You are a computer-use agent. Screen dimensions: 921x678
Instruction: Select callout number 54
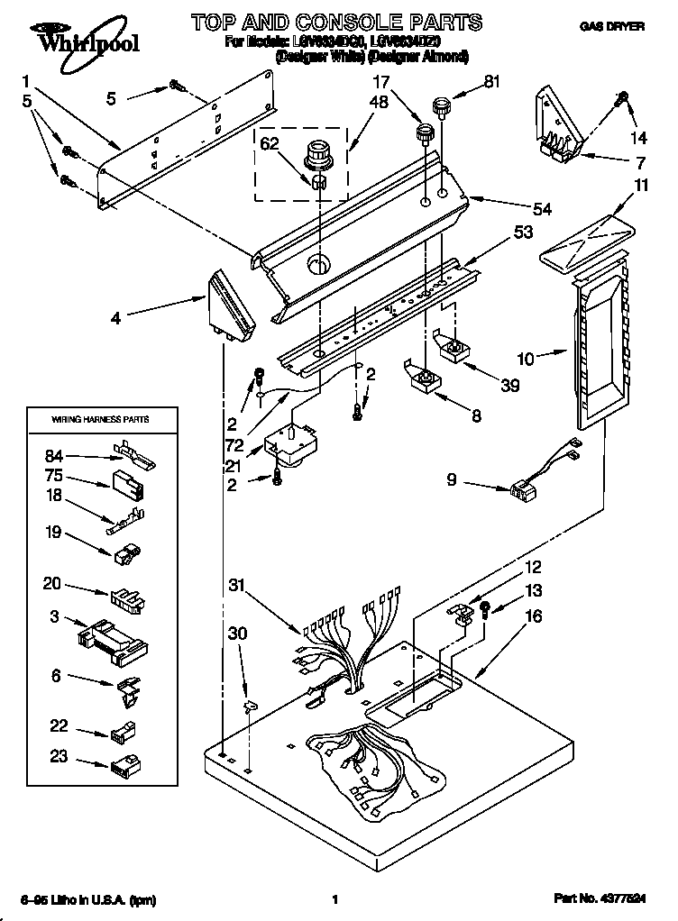tap(541, 210)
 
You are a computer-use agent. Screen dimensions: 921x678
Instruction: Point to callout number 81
tap(491, 82)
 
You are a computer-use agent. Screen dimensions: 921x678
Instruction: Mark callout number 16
tap(534, 617)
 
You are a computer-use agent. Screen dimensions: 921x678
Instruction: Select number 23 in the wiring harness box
tap(59, 758)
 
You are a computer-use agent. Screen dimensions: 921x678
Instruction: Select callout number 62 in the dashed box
tap(270, 144)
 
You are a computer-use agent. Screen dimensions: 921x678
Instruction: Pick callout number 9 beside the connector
tap(452, 480)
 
